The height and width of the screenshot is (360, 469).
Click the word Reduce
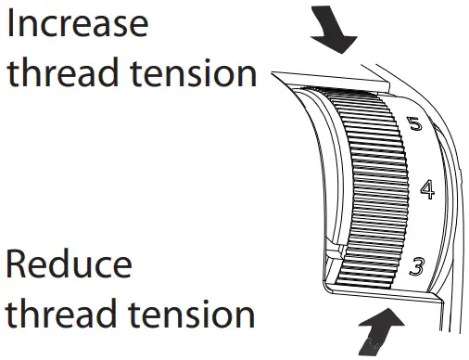[69, 266]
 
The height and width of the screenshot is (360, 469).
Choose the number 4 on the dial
[426, 190]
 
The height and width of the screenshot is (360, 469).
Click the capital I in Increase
[12, 24]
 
